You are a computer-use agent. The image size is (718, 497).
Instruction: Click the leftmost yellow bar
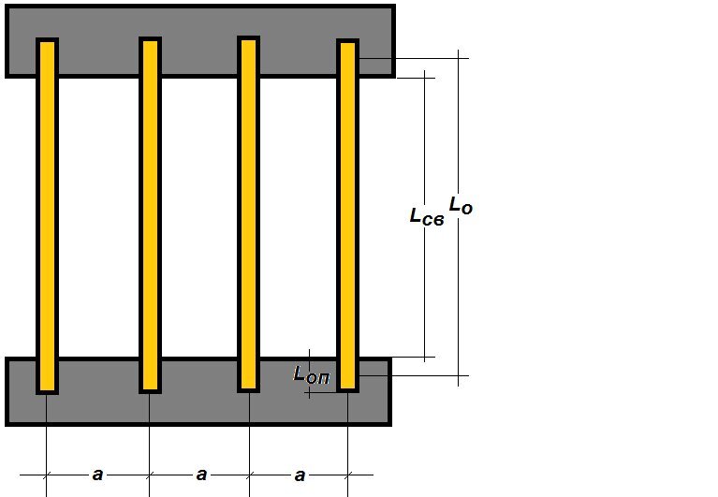coord(47,216)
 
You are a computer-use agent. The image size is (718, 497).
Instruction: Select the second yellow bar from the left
coord(150,215)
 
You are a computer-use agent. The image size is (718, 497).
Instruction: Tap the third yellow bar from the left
coord(249,214)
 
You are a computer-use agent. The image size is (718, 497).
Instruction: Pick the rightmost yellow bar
coord(347,215)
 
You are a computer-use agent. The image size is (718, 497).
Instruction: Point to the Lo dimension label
coord(461,205)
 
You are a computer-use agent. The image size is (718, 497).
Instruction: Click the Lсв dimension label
coord(427,216)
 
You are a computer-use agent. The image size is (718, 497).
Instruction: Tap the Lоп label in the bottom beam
coord(312,375)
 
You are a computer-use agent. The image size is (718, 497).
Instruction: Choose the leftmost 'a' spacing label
coord(97,475)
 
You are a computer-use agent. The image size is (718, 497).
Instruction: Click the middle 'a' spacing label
coord(201,475)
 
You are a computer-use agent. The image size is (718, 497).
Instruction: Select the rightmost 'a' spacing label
coord(300,475)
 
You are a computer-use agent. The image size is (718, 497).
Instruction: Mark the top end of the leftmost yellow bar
coord(47,38)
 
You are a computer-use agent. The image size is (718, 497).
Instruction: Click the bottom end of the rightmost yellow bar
coord(347,392)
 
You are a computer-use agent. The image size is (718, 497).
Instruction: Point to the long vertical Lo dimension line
coord(459,218)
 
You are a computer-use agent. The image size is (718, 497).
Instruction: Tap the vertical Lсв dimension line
coord(424,216)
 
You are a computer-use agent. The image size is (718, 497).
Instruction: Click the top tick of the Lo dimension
coord(459,59)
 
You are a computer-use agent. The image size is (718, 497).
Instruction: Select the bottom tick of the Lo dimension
coord(459,375)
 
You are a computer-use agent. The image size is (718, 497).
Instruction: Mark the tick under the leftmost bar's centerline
coord(46,475)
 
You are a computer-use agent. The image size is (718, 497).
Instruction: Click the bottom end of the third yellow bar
coord(249,392)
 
